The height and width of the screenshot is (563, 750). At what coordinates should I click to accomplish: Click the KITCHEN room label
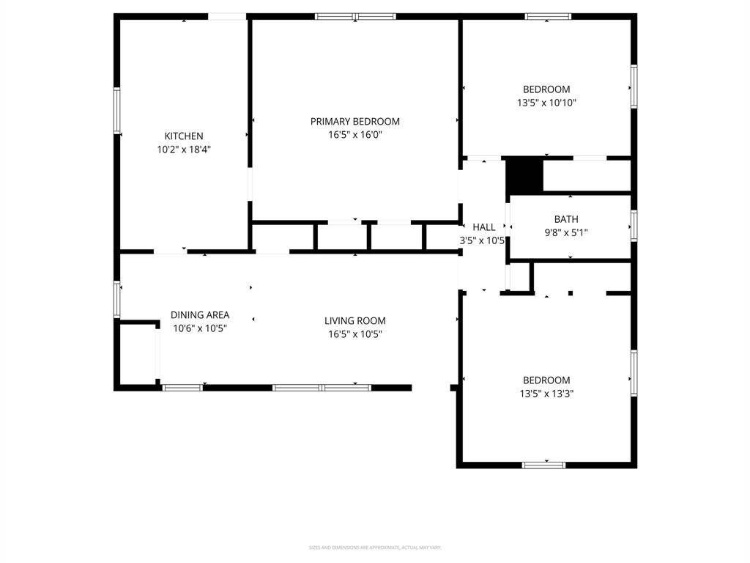coord(183,136)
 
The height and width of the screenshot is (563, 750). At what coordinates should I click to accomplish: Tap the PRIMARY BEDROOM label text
coord(354,122)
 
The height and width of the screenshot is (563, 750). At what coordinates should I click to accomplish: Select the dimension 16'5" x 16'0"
coord(354,135)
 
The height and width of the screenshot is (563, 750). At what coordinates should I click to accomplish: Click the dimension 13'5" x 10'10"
coord(546,103)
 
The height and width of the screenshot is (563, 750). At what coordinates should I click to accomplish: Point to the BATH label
coord(565,219)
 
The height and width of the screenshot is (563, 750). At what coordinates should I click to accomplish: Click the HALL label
coord(483,227)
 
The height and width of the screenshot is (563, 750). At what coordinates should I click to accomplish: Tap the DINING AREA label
coord(200,315)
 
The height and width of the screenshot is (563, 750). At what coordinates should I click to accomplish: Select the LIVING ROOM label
coord(354,321)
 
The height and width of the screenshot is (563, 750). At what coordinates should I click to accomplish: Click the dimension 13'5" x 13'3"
coord(546,394)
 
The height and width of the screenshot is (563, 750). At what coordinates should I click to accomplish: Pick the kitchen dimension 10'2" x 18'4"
coord(183,149)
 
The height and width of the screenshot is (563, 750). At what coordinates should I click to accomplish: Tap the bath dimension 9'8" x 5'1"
coord(565,232)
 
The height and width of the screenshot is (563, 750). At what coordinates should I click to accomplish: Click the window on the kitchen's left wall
coord(116,111)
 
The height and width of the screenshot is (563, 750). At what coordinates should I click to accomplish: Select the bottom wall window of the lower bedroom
coord(543,464)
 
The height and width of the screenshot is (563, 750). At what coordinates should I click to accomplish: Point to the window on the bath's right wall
coord(634,225)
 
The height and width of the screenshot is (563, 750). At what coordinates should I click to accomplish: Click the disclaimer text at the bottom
coord(374,548)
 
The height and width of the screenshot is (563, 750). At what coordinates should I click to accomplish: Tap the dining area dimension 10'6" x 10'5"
coord(200,328)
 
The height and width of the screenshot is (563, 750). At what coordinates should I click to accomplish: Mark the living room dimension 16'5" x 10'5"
coord(354,334)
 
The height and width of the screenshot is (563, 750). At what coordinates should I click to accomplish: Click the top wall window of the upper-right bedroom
coord(548,16)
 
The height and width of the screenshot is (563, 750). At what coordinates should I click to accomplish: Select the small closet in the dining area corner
coord(138,353)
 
